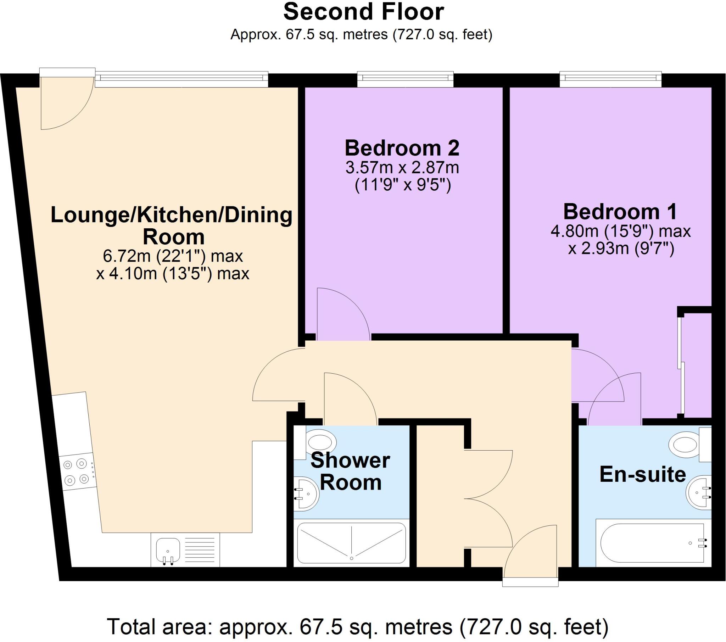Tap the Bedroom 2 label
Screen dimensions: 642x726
402,148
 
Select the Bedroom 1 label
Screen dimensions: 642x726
620,212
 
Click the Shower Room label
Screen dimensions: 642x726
350,471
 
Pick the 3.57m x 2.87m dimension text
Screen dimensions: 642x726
402,168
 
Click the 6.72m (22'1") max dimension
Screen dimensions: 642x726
173,256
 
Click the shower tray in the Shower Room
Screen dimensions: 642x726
351,543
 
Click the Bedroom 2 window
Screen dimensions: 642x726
405,79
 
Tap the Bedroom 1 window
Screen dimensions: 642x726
610,79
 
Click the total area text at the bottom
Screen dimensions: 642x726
358,627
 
